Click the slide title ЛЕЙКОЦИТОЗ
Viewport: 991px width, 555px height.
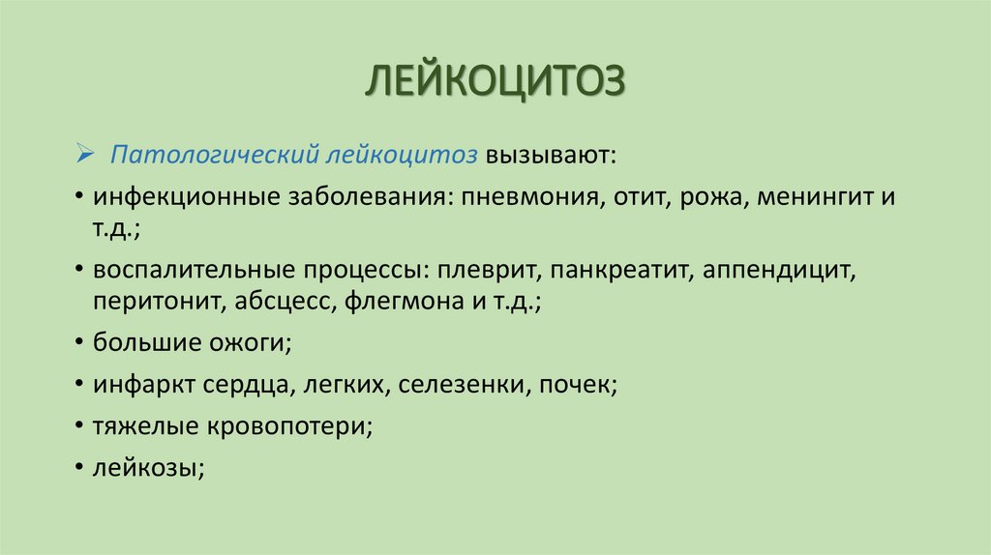coord(495,81)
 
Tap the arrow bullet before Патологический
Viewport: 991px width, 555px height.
coord(83,155)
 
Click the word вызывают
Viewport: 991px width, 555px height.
coord(549,156)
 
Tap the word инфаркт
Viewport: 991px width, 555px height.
coord(142,385)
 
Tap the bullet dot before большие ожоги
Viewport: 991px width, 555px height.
coord(76,342)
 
